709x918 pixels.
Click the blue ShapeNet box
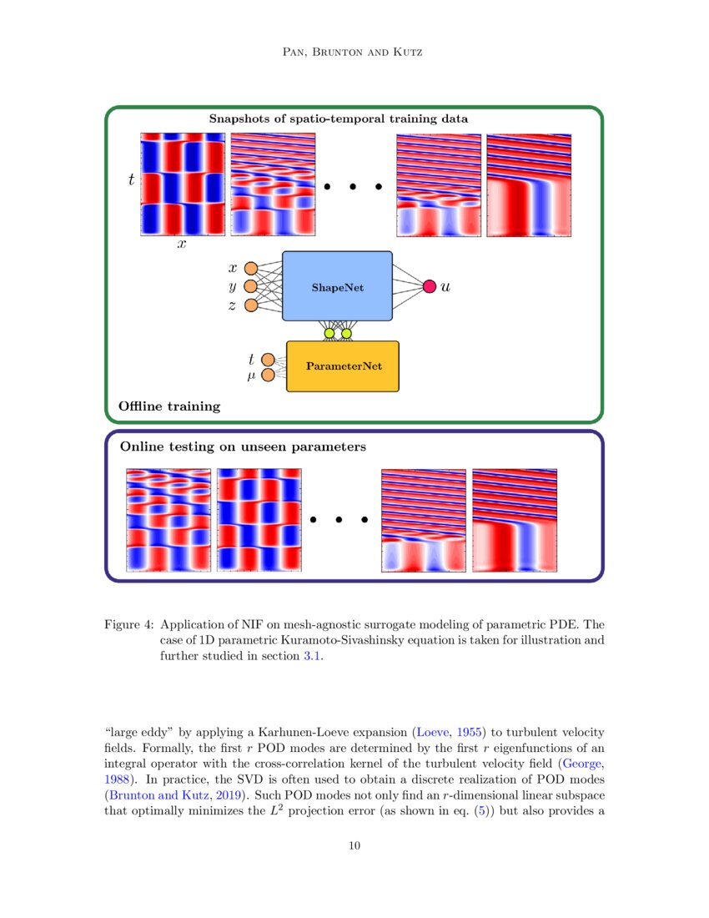point(337,286)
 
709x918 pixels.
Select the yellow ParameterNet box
point(343,366)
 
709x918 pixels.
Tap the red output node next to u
point(430,286)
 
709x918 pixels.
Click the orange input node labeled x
point(250,269)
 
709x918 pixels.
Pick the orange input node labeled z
point(250,305)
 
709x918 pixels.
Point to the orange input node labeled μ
point(268,376)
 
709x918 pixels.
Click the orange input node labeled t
point(268,359)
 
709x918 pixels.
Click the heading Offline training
point(169,406)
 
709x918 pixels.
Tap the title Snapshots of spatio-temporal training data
point(338,119)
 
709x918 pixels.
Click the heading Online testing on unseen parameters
point(243,447)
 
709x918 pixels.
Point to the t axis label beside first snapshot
point(131,179)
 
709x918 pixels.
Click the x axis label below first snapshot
point(181,245)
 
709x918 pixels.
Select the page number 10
point(354,846)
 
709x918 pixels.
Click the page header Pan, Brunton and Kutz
point(354,53)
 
